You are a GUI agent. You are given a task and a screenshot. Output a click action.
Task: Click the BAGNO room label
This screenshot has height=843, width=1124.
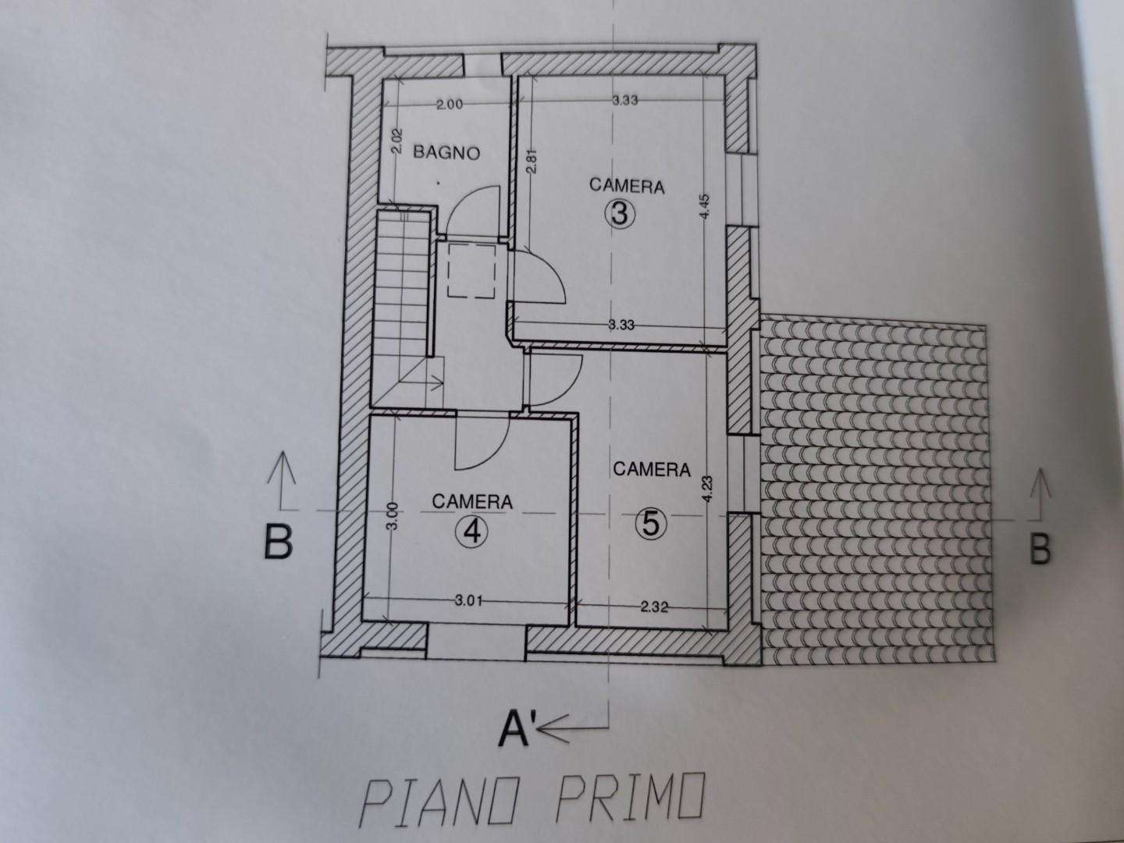click(x=446, y=152)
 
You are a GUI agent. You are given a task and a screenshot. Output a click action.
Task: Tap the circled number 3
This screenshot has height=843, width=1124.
click(x=619, y=215)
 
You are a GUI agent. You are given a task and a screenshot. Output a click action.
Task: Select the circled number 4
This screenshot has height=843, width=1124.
click(x=471, y=533)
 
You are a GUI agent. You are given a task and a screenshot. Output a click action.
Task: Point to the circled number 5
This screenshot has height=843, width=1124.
click(x=650, y=524)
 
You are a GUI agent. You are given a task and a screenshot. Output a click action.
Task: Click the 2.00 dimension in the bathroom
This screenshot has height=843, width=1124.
click(x=449, y=105)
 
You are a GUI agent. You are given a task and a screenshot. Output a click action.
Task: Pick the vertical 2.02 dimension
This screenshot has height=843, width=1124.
click(x=398, y=142)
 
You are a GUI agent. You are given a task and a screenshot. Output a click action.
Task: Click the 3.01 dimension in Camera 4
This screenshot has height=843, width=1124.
click(x=468, y=600)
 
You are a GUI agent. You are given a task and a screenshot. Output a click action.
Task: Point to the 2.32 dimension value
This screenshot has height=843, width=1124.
click(x=654, y=607)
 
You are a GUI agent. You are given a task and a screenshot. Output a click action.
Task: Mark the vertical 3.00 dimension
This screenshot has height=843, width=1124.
click(x=393, y=516)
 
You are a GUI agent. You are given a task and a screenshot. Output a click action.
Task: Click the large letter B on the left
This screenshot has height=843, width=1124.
click(x=278, y=542)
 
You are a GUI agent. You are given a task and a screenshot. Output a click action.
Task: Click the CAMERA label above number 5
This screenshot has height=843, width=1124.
click(x=651, y=469)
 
